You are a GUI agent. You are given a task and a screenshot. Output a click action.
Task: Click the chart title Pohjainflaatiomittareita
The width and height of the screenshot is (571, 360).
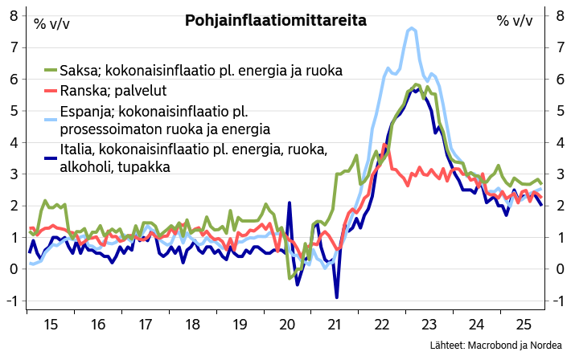[x=276, y=21]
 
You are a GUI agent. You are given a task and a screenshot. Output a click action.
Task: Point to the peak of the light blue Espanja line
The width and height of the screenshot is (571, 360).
[x=411, y=28]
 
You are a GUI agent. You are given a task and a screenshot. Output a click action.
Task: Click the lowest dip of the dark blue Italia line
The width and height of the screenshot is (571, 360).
[x=336, y=297]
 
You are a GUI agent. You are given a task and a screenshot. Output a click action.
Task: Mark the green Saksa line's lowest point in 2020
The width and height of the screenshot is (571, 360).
[x=290, y=278]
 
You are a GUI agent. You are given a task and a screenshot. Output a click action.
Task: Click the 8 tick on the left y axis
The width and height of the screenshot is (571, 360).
[x=14, y=15]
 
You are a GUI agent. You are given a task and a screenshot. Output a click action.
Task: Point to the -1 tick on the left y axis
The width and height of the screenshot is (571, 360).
[x=12, y=300]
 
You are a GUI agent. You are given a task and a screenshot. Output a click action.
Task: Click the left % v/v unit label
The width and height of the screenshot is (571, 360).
[x=51, y=22]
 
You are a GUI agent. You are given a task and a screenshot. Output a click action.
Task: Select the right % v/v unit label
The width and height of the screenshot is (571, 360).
[x=516, y=22]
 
